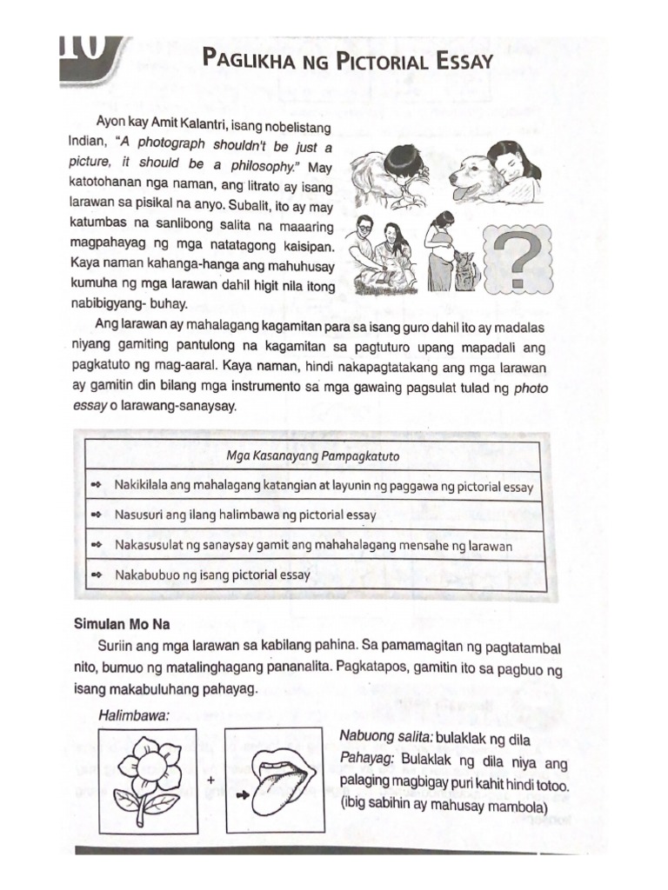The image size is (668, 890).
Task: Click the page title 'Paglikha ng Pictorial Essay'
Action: point(347,60)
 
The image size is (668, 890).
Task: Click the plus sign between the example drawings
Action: point(210,780)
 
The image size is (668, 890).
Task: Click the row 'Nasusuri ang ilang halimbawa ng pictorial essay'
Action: point(246,515)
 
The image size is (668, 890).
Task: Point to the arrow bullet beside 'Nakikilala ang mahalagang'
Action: point(97,485)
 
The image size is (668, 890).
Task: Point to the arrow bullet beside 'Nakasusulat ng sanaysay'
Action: point(97,545)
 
